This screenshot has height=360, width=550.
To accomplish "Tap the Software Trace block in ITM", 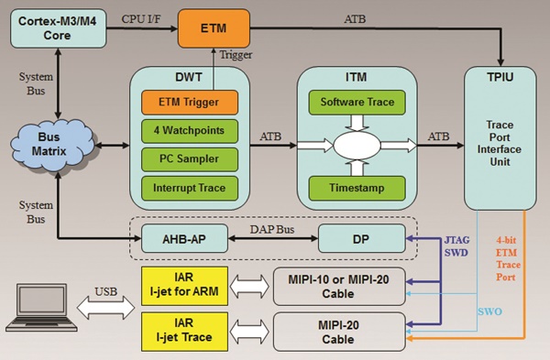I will [x=357, y=102].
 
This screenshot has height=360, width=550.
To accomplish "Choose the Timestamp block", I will [x=357, y=188].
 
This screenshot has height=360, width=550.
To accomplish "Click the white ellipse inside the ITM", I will [x=357, y=144].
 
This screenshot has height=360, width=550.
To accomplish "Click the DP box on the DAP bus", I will [x=357, y=240].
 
